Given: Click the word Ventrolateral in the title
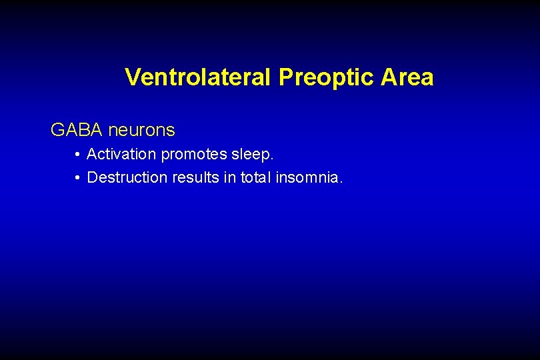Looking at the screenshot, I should [x=198, y=77].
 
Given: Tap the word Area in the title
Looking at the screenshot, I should [x=407, y=77].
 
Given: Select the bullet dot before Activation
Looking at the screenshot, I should [x=78, y=155].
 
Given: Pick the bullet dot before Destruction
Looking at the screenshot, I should [x=78, y=178].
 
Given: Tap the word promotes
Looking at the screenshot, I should [x=194, y=155].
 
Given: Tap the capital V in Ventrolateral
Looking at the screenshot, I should [x=132, y=77].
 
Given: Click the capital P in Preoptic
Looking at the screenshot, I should [x=285, y=77].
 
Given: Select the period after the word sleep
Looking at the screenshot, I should [x=272, y=159].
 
